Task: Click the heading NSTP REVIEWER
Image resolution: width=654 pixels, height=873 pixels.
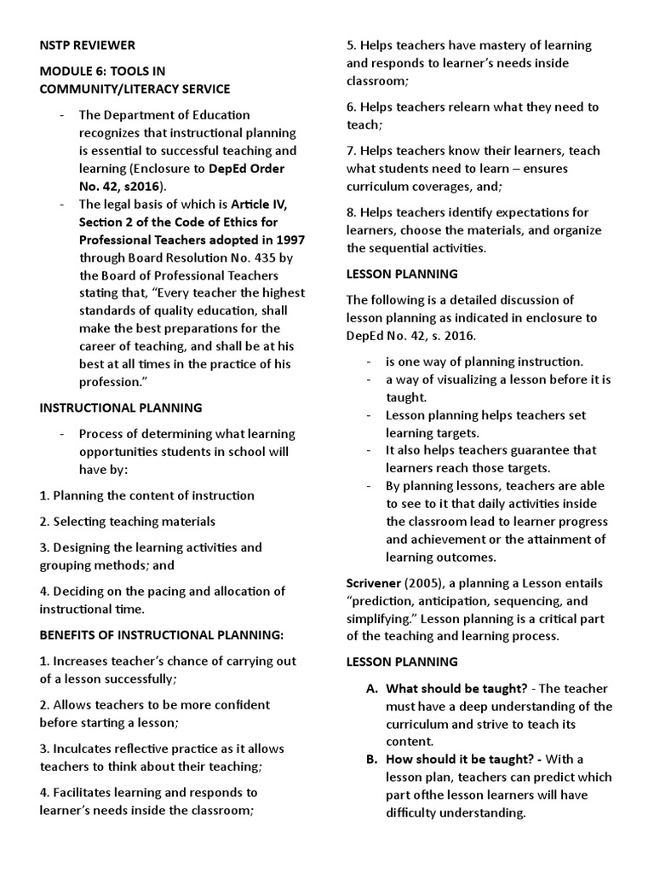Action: point(87,44)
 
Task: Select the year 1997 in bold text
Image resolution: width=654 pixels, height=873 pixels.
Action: point(290,240)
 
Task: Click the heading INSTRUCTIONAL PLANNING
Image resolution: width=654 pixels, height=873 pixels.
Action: point(121,408)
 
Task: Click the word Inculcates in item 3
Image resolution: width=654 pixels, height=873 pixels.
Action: point(83,749)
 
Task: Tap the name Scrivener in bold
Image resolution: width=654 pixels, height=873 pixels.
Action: point(375,583)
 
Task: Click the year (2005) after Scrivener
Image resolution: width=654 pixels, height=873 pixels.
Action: point(426,583)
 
